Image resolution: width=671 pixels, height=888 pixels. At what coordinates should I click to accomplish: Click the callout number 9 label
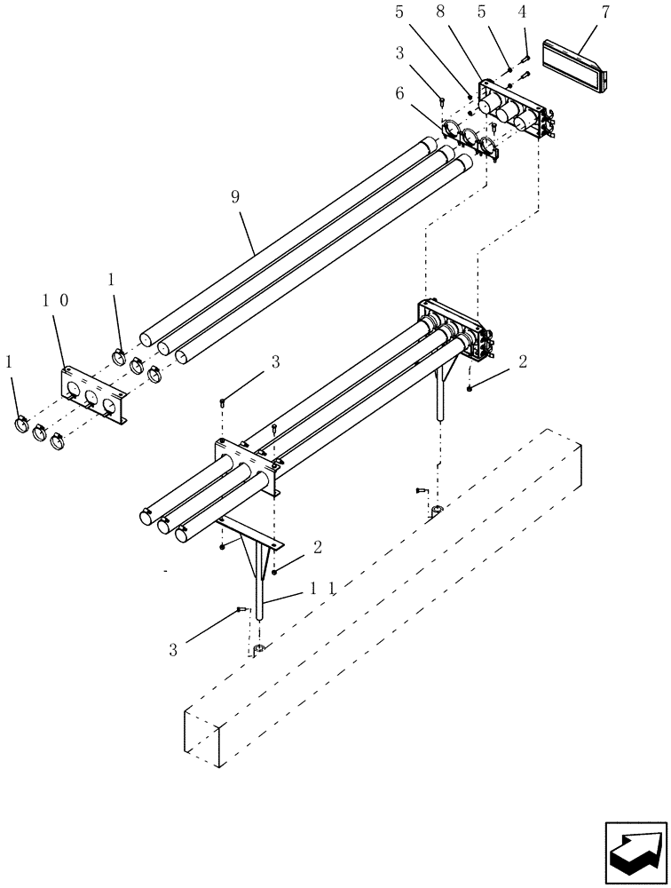[x=235, y=197]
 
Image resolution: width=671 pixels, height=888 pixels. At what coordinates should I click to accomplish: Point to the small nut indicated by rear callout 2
[x=469, y=388]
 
